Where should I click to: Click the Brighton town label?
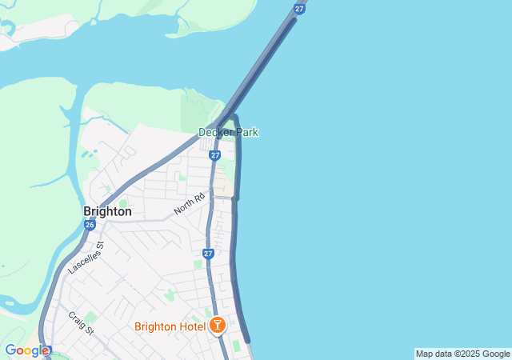(107, 212)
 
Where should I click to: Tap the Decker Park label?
(228, 132)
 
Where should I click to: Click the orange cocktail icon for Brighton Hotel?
(216, 325)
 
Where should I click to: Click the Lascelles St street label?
(86, 258)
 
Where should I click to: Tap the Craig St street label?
(81, 324)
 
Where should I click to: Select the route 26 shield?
(89, 225)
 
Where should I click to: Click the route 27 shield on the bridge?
(299, 8)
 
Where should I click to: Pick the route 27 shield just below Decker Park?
(215, 154)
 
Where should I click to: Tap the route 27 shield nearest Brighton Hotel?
(208, 254)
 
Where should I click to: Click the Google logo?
(26, 350)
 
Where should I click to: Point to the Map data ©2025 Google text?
(462, 354)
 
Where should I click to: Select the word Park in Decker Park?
(246, 132)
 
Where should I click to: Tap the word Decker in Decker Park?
(215, 132)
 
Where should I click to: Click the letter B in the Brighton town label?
(87, 212)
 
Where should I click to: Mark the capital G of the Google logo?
(10, 350)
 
